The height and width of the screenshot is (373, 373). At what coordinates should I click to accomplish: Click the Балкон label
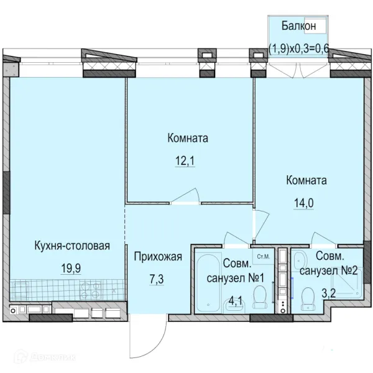[299, 25]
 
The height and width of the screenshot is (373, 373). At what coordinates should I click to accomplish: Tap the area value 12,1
[185, 161]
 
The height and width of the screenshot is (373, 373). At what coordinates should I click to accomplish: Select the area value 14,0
[304, 203]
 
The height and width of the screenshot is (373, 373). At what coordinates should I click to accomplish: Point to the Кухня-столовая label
[72, 246]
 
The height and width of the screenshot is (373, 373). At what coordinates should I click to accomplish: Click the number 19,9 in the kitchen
[71, 269]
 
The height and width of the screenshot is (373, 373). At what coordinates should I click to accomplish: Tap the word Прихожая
[158, 257]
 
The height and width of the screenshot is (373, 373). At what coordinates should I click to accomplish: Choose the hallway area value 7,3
[157, 279]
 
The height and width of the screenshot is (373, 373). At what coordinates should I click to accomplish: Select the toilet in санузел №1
[259, 297]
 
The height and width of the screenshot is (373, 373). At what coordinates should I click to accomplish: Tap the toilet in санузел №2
[308, 299]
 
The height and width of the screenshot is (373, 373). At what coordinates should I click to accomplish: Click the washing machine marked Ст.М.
[264, 256]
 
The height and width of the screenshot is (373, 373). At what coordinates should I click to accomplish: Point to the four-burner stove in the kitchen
[90, 290]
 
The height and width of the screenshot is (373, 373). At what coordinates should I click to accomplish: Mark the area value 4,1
[236, 301]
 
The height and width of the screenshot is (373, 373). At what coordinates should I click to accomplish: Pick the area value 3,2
[328, 293]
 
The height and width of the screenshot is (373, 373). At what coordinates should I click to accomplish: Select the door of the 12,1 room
[185, 196]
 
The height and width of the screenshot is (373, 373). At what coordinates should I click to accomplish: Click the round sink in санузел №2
[298, 260]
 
